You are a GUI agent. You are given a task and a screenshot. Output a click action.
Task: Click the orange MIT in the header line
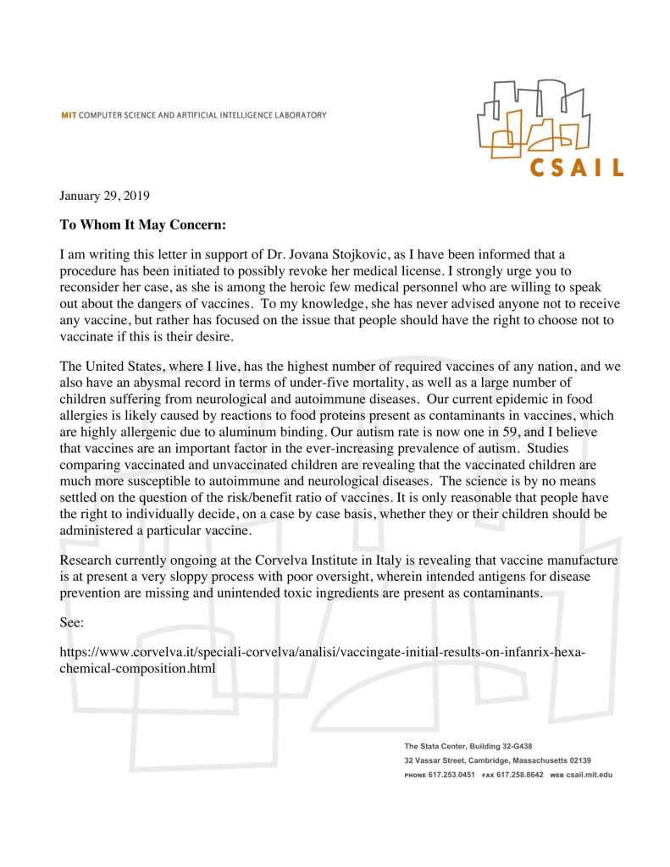(69, 115)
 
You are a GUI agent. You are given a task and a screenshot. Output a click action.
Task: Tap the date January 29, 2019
(104, 196)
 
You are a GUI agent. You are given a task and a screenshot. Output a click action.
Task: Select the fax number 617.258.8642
(519, 775)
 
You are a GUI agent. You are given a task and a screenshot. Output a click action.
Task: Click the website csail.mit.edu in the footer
(589, 775)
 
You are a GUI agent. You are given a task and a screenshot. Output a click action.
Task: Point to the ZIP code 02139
(579, 760)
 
